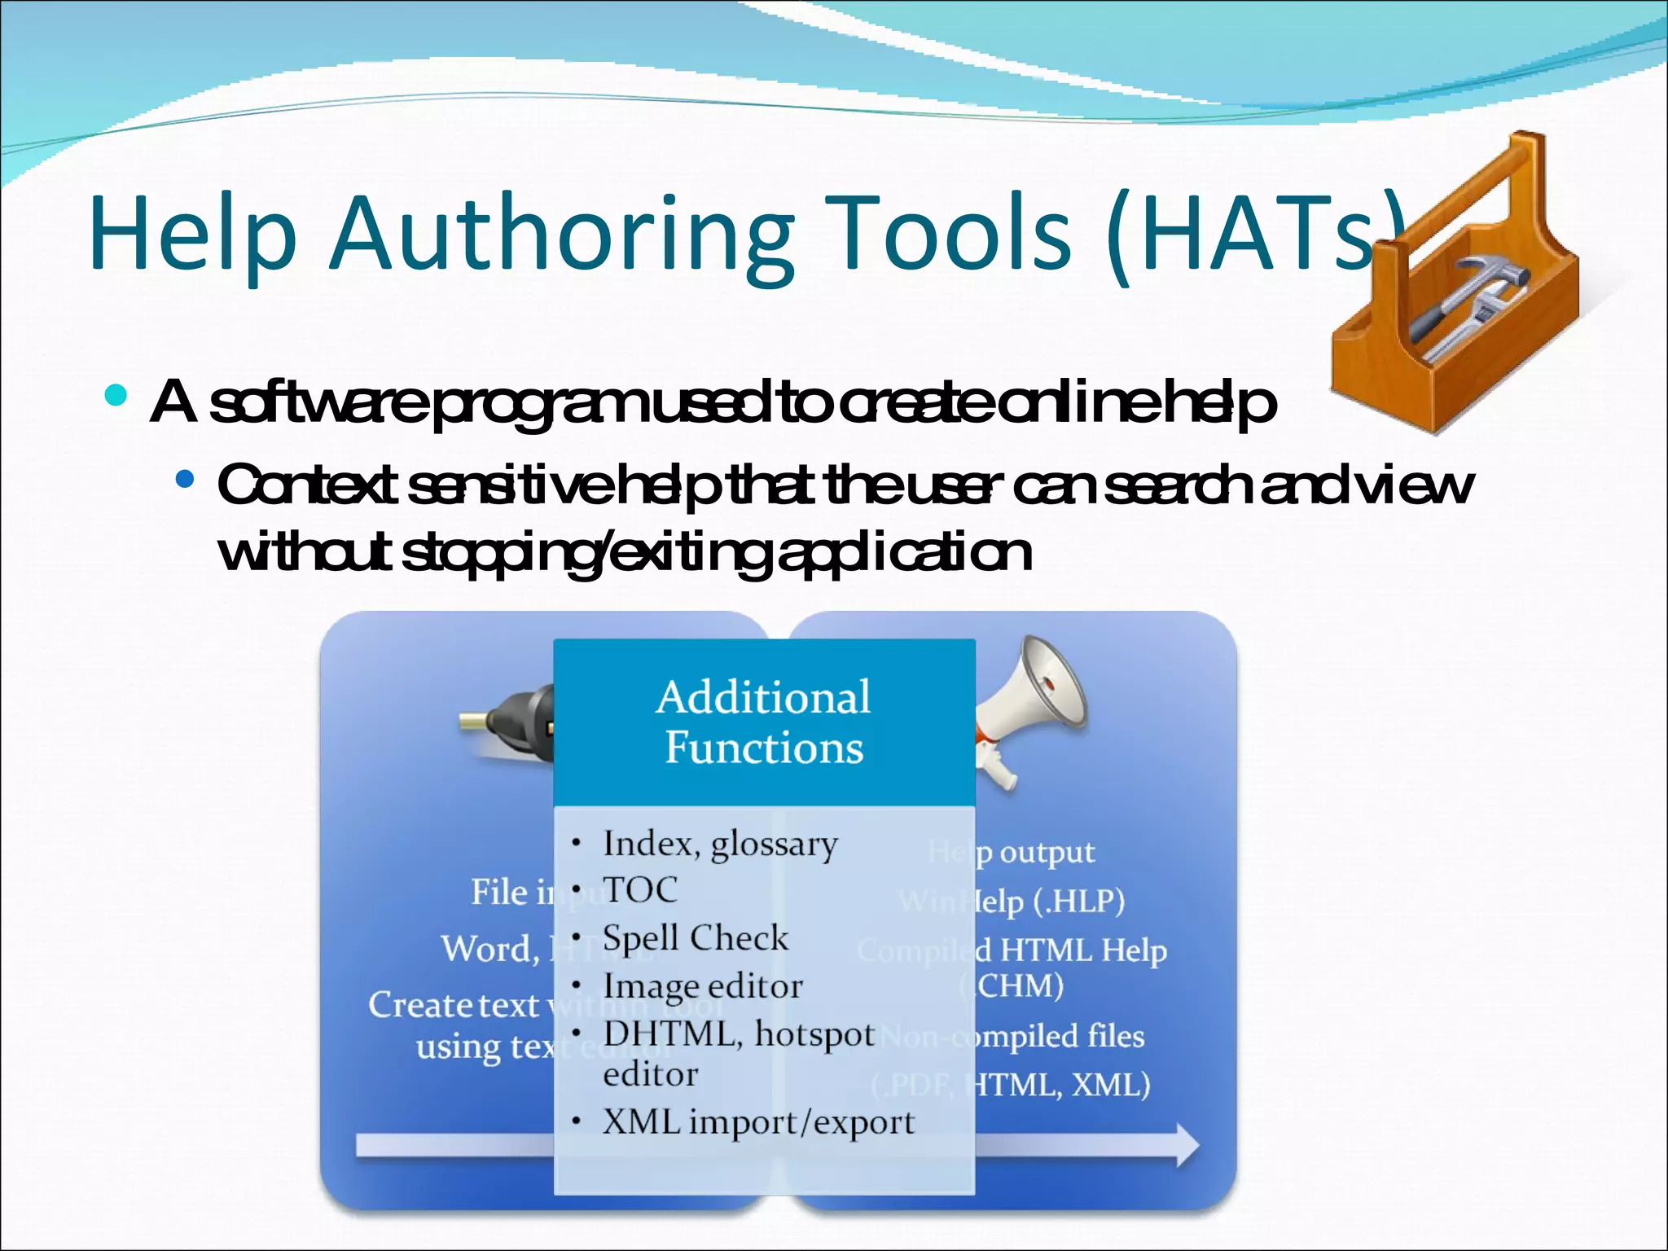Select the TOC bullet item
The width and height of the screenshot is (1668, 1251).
coord(639,890)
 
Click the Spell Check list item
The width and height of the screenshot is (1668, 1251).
coord(695,938)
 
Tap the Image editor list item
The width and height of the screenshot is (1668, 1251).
coord(702,986)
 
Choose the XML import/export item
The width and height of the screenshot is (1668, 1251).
coord(757,1122)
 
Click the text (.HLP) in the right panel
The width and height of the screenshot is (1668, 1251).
coord(1078,902)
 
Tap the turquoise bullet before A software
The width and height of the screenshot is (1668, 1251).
coord(116,397)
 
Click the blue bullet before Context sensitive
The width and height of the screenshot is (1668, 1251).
coord(185,478)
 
